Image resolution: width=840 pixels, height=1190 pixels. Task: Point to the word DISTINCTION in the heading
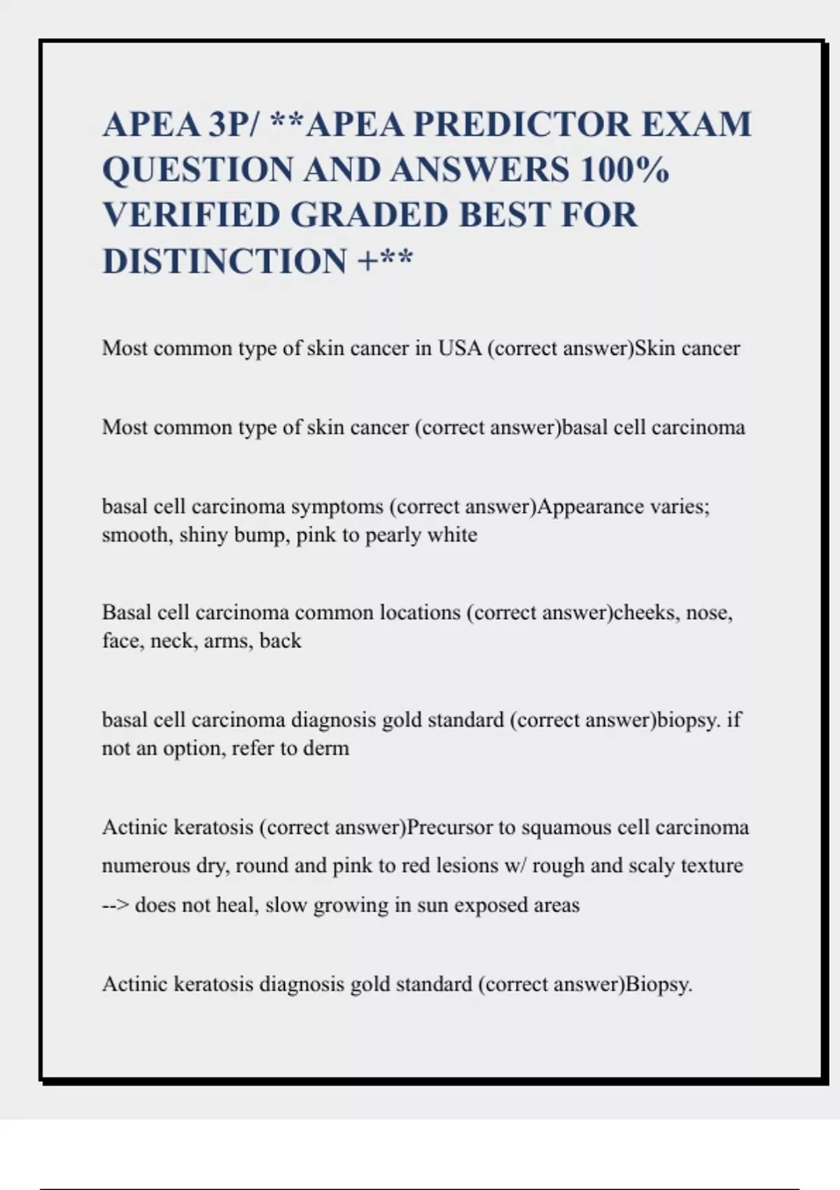coord(225,261)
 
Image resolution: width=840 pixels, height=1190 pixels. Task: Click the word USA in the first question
coord(459,348)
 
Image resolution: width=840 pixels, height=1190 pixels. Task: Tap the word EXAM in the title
coord(696,125)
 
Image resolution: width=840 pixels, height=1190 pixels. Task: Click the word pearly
coord(392,535)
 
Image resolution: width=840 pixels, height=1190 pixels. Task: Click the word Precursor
coord(449,827)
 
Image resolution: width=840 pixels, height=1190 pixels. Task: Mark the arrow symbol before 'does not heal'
coord(115,905)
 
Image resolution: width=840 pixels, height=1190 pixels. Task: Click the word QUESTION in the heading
coord(198,170)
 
